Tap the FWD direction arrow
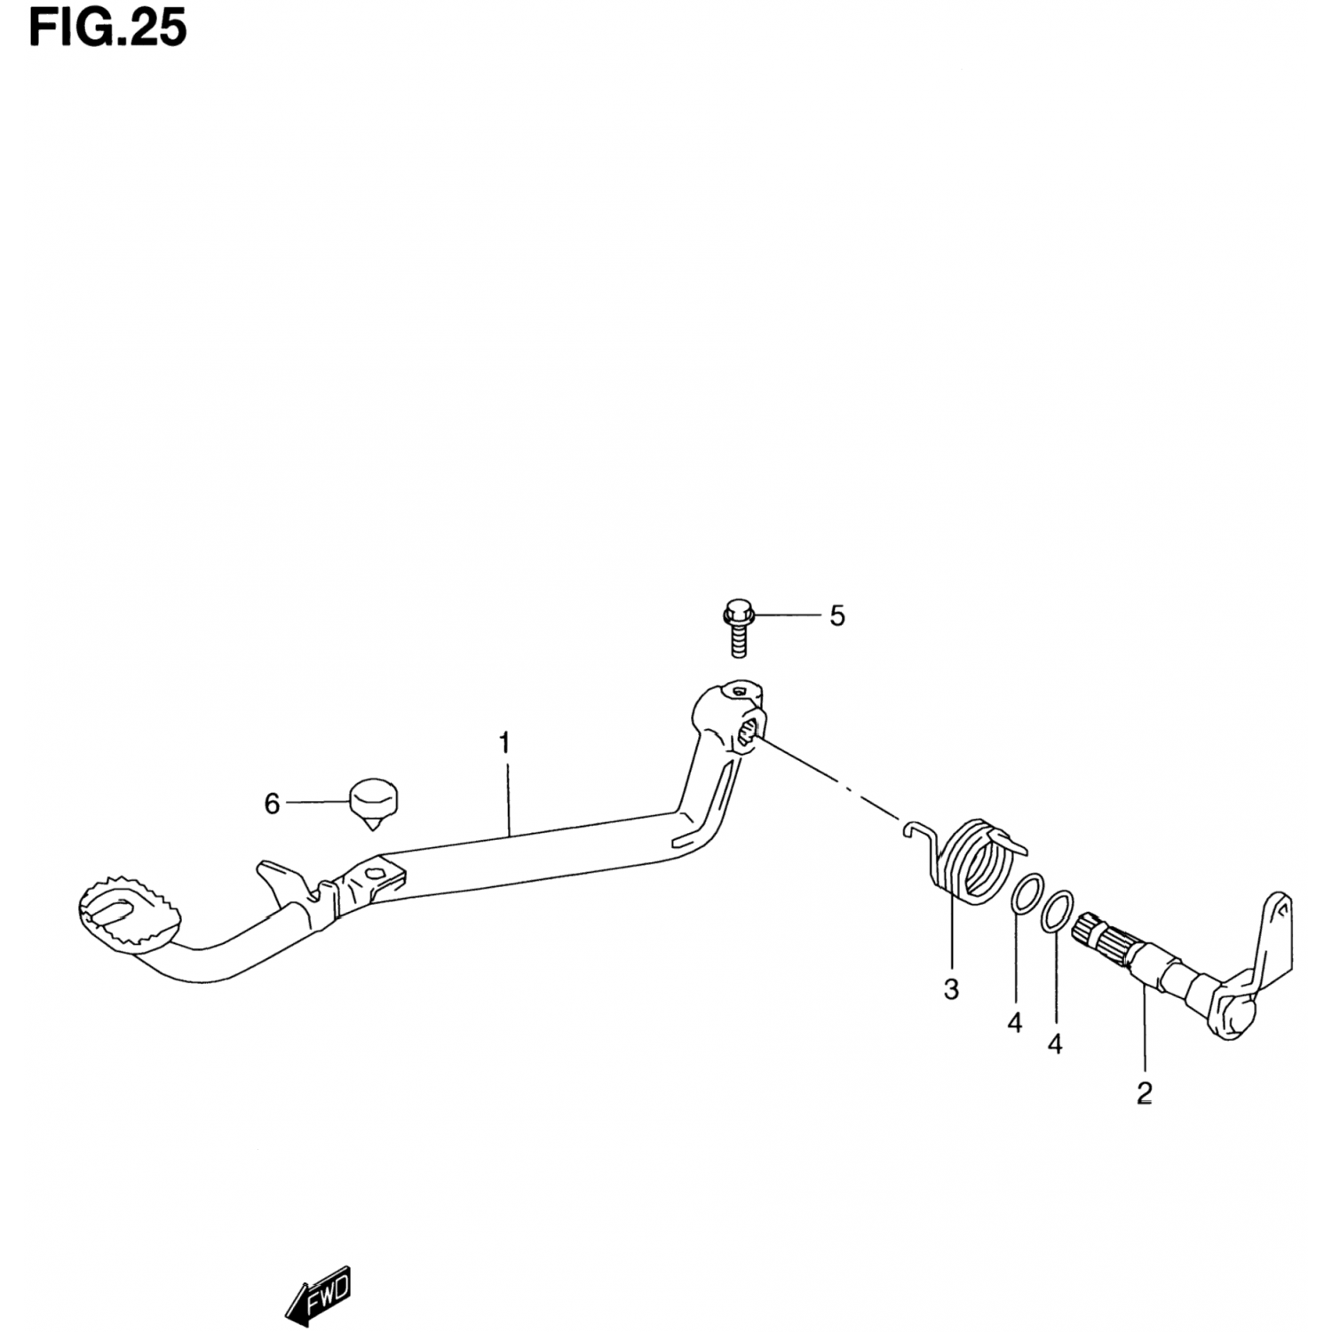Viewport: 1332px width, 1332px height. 319,1296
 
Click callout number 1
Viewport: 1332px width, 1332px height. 504,743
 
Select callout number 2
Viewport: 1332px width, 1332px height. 1144,1093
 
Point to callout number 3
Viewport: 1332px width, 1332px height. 951,989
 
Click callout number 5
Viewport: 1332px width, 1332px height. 837,615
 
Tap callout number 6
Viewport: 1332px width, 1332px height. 272,804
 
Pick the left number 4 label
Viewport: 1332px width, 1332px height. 1015,1023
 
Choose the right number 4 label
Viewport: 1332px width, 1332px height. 1055,1044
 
